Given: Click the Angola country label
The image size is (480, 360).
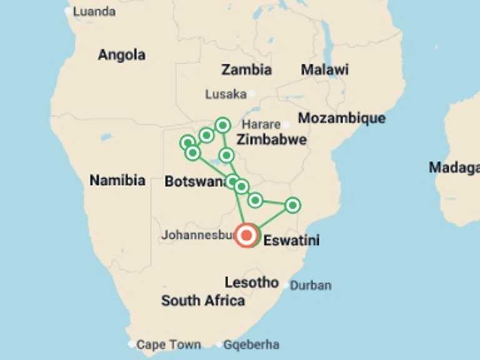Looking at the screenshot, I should [121, 55].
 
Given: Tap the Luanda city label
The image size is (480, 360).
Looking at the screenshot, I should [94, 11].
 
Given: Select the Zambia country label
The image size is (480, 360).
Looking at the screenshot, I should [246, 69].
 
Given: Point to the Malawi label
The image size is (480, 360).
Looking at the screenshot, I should [324, 69].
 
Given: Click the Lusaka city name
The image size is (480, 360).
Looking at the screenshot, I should [226, 94].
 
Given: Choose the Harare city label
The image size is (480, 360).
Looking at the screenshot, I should [261, 124].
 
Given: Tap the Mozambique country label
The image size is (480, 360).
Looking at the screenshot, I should [341, 118].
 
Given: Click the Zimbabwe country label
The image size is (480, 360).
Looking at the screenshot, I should [271, 139].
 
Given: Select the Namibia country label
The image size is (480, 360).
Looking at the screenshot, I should [117, 181].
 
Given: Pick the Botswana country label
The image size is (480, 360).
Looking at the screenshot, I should [194, 182].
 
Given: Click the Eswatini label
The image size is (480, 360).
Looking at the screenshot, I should [292, 240].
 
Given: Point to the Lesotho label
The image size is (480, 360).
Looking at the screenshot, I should [251, 282].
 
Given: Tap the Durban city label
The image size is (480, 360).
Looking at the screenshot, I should [311, 286].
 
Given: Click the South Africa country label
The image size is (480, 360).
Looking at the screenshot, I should [203, 301].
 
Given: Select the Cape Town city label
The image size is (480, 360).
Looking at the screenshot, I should [169, 344].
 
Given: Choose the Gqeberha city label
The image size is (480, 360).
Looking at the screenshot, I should [251, 344].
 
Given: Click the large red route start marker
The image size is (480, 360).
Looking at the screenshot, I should [247, 236].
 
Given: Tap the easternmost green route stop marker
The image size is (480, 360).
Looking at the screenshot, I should [292, 205].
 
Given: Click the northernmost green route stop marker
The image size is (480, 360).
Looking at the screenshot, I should [222, 125].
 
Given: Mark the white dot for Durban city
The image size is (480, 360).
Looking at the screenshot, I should [286, 286].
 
